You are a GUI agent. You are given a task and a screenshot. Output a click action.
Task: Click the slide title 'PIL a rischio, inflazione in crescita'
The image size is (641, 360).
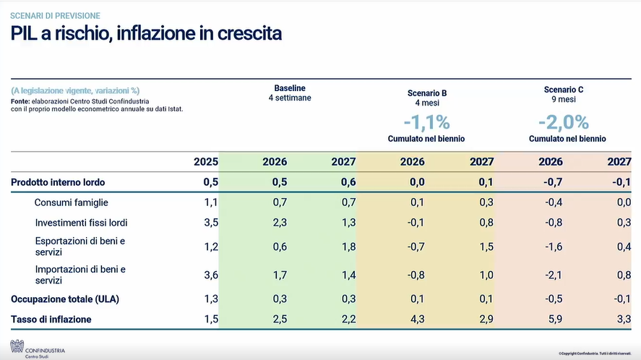coord(146,33)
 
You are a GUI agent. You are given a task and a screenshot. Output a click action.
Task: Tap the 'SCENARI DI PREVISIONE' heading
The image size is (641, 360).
coord(55,15)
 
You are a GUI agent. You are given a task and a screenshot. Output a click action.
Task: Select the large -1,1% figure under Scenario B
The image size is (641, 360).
coord(426,121)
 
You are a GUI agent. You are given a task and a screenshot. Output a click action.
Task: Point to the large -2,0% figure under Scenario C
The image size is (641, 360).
coord(567,121)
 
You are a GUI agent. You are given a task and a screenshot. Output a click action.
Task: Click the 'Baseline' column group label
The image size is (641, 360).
coord(289,88)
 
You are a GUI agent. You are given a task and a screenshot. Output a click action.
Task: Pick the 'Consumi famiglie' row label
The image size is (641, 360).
coord(71,202)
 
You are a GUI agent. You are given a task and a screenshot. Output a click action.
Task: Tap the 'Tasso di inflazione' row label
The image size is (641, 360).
coord(51,319)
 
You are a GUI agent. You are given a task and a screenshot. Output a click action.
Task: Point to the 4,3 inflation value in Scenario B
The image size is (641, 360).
coord(417,319)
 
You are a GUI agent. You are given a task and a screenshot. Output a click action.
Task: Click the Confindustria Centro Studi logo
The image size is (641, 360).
coord(36,348)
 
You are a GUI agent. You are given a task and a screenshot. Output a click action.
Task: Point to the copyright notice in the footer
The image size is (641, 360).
coord(596,353)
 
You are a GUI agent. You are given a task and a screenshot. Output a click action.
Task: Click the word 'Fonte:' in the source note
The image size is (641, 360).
coord(20,101)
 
